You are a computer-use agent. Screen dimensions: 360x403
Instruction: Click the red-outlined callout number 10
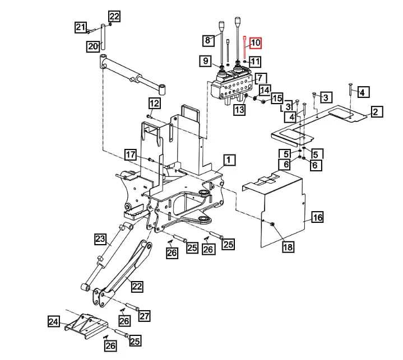point(256,43)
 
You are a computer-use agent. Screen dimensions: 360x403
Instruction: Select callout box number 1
point(228,161)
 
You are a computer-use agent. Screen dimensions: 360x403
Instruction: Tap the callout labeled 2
point(376,112)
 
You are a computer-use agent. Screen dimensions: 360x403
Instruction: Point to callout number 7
point(261,78)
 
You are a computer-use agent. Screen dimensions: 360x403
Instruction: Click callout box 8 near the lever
point(209,40)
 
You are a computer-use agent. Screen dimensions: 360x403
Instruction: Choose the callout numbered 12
point(154,103)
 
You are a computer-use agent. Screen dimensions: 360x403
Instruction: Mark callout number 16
point(317,218)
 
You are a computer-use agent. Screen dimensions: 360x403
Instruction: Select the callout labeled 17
point(130,155)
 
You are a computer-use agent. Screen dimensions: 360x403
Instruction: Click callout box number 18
point(288,247)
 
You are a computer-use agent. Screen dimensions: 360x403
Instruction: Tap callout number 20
point(93,46)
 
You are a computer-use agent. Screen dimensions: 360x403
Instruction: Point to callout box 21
point(81,27)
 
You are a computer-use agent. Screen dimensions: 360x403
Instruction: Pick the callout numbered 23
point(100,240)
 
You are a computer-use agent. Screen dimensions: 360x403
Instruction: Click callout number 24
point(53,321)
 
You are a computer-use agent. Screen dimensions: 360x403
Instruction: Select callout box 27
point(145,316)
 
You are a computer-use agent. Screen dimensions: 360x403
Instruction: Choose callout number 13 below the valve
point(239,110)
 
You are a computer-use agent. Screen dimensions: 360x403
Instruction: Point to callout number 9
point(206,60)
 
